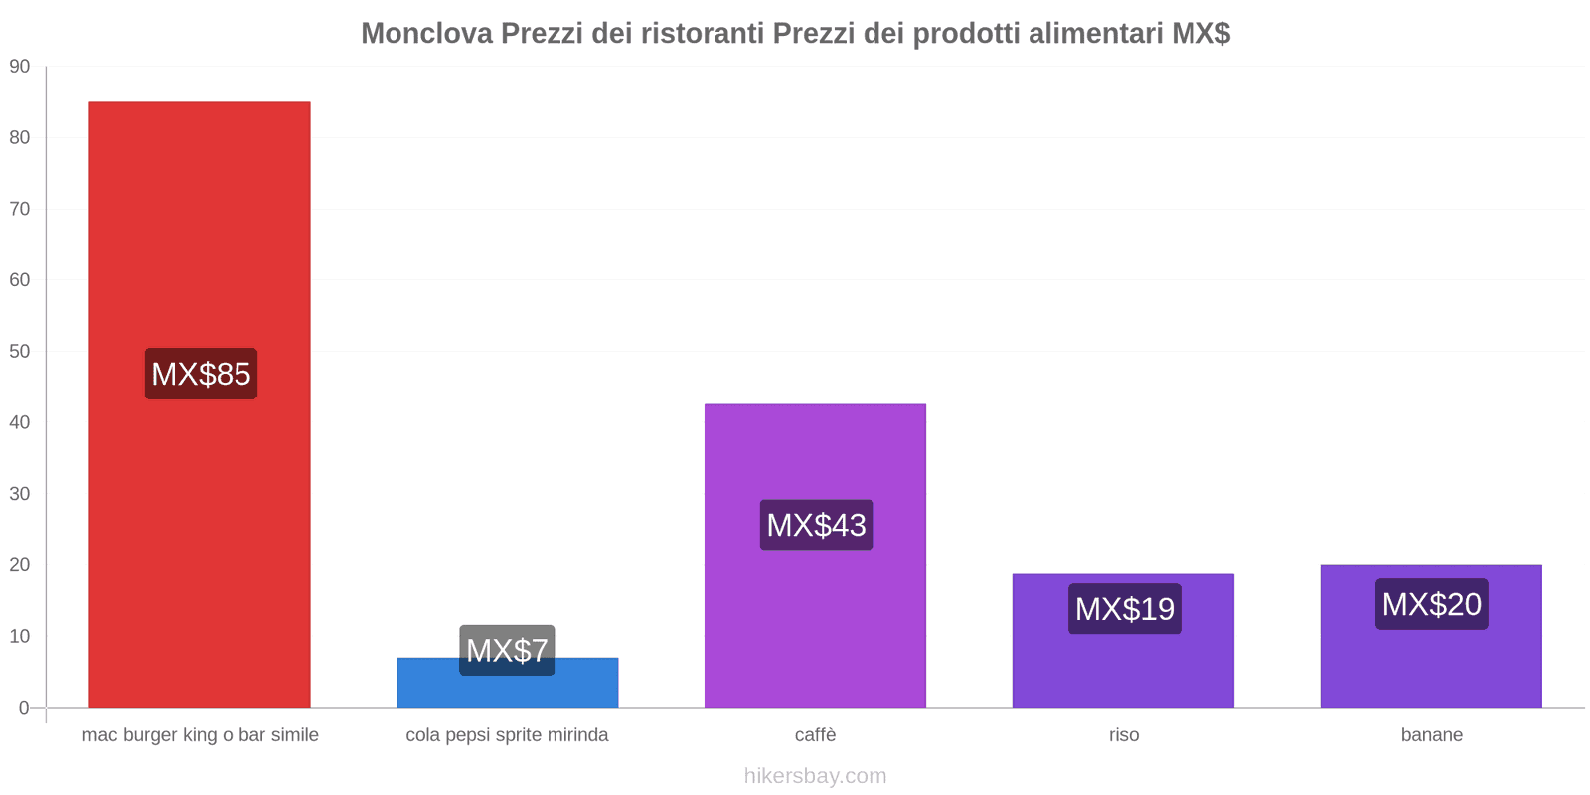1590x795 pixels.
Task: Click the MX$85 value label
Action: [x=201, y=374]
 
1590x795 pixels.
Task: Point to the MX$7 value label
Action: [x=507, y=650]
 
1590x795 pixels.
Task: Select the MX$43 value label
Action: [x=816, y=525]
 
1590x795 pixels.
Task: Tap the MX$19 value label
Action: [x=1124, y=608]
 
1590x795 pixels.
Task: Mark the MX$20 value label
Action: [x=1431, y=604]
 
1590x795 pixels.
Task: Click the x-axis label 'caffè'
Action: [x=815, y=735]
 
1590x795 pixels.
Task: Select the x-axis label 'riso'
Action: [x=1124, y=735]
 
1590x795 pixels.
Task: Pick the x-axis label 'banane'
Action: [x=1431, y=735]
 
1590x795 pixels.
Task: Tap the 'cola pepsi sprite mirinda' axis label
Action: [x=507, y=735]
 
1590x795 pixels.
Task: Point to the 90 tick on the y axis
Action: [x=20, y=67]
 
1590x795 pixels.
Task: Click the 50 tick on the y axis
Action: [x=20, y=352]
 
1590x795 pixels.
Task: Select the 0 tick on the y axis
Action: [x=24, y=708]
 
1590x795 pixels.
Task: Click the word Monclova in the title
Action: [x=426, y=34]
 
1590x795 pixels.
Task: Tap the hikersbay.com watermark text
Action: [x=815, y=776]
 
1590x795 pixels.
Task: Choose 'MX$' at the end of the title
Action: [x=1200, y=34]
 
